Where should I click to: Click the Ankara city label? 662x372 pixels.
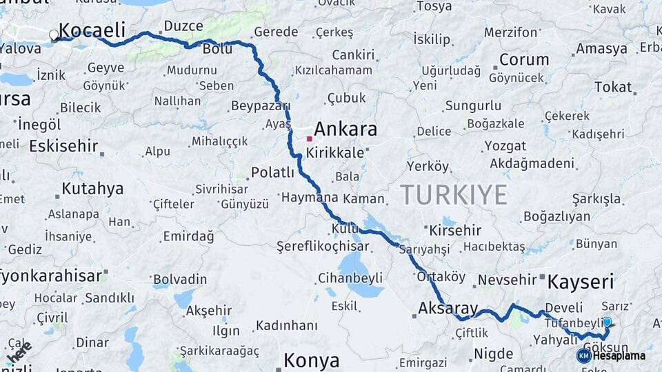click(x=345, y=130)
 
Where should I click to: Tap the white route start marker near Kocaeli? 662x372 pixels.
click(x=54, y=34)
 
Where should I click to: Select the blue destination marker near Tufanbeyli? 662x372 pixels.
click(x=607, y=322)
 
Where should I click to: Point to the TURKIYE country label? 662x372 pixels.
click(x=454, y=195)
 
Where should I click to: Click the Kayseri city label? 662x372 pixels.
click(x=581, y=282)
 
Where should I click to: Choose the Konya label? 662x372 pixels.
click(x=312, y=360)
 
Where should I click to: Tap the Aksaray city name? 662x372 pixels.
click(x=448, y=308)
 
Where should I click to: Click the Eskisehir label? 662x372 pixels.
click(x=63, y=146)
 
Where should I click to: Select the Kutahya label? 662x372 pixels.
click(x=92, y=189)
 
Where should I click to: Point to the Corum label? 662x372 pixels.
click(x=523, y=59)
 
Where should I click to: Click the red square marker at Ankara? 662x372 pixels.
click(x=310, y=138)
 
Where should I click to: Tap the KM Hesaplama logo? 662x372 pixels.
click(x=612, y=355)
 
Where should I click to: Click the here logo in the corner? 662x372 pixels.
click(x=20, y=351)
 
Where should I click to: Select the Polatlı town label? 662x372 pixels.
click(x=273, y=173)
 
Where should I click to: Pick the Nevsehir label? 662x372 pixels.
click(x=507, y=280)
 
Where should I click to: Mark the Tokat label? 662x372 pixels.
click(x=612, y=87)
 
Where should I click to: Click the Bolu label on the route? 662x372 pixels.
click(x=217, y=50)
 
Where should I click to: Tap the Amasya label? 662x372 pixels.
click(x=601, y=49)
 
